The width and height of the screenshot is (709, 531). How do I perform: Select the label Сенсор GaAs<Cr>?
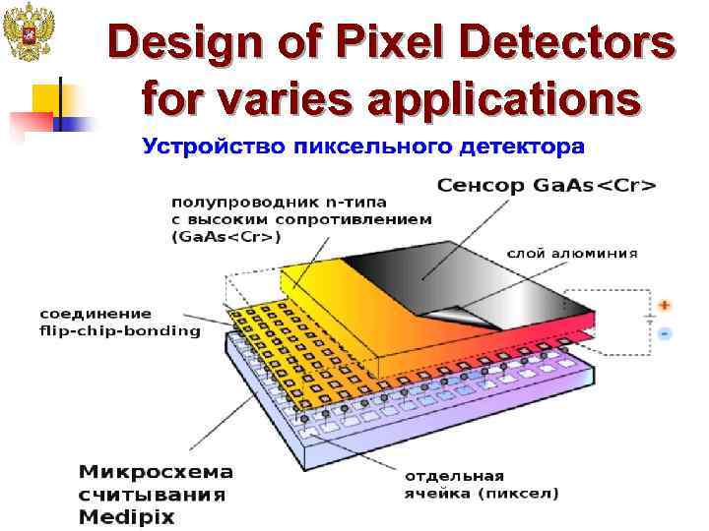(547, 185)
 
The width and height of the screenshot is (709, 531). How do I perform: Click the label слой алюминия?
(572, 253)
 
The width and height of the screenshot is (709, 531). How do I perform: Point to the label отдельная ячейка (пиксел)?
(482, 484)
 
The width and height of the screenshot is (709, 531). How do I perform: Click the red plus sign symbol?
(666, 306)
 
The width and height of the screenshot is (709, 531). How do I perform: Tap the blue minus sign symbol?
(666, 334)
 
